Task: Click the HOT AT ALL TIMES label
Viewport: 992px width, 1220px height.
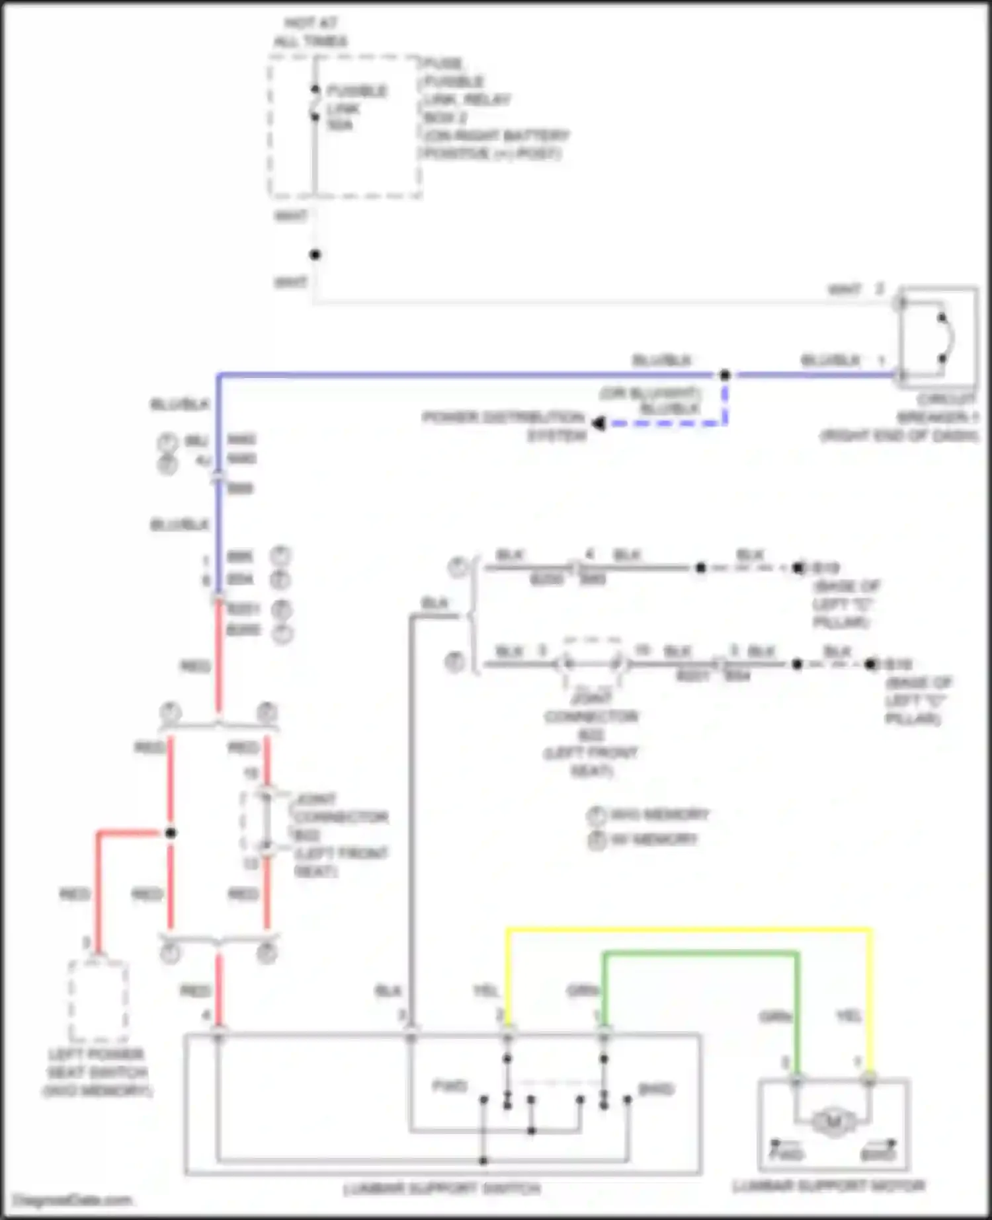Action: coord(311,32)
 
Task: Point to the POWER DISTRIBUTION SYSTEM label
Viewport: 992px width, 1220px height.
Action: coord(505,426)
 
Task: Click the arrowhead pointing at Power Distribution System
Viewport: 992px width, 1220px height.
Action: coord(599,423)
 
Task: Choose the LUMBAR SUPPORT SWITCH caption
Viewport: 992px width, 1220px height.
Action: coord(442,1189)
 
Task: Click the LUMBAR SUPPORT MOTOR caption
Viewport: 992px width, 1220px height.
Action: coord(829,1186)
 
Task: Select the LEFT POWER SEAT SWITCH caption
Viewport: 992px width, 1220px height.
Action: coord(97,1072)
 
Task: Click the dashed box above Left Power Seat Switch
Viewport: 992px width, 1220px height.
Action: coord(98,1001)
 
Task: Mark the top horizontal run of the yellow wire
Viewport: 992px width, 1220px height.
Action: coord(688,930)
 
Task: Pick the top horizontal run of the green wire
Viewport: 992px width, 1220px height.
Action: coord(700,953)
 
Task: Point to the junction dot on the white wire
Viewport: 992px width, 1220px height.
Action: coord(315,254)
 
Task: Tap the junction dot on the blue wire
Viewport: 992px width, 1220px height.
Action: coord(725,375)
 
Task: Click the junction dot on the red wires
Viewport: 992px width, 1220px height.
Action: coord(171,833)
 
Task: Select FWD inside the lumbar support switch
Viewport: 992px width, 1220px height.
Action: coord(450,1086)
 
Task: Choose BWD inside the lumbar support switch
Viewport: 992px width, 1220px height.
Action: coord(655,1088)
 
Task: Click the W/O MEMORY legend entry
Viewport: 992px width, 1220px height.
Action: coord(659,814)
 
